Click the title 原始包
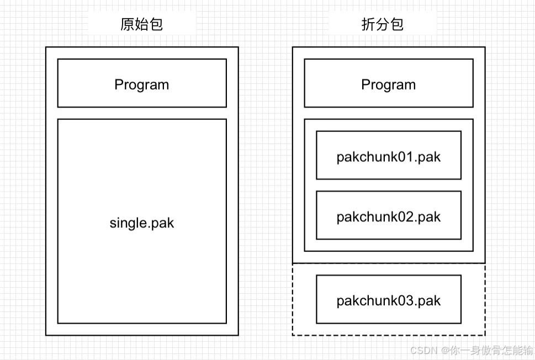coord(142,24)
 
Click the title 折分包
coord(383,24)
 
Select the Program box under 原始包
coord(142,83)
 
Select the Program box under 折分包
coord(388,83)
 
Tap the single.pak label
coord(142,223)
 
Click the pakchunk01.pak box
coord(388,156)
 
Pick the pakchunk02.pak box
coord(388,216)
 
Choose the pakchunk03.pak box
coord(388,300)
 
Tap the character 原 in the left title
coord(128,24)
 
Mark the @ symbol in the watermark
coord(444,350)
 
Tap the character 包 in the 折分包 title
coord(397,24)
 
